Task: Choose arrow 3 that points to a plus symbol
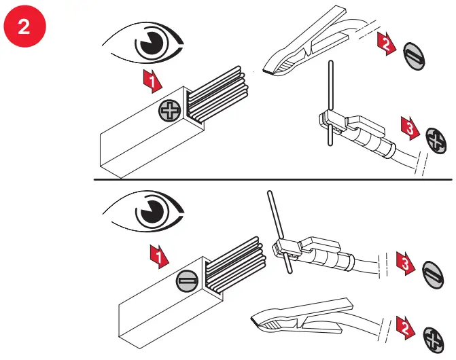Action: pos(408,127)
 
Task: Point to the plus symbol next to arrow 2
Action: pos(432,337)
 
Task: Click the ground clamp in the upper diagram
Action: pos(306,48)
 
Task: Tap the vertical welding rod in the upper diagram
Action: pos(330,102)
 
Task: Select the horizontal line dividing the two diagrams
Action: pos(272,179)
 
